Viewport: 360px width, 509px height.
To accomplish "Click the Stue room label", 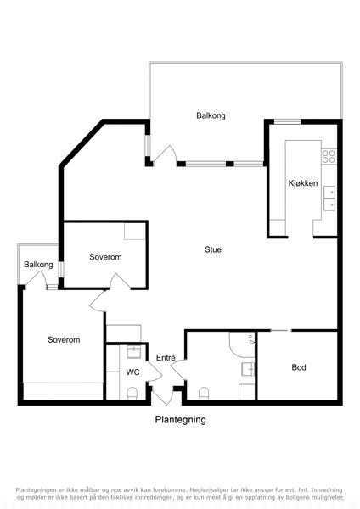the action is pos(213,249).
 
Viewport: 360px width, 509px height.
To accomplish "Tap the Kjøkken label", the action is pos(303,183).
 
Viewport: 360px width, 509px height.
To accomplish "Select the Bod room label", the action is pos(299,367).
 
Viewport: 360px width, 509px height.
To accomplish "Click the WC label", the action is pos(132,372).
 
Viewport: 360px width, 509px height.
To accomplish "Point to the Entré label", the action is pos(166,357).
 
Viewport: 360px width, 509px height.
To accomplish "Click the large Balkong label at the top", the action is pos(211,115).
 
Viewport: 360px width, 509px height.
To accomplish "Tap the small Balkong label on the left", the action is pos(38,265).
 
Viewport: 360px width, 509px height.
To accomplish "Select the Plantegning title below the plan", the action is pos(180,419).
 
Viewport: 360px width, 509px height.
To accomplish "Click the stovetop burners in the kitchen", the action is pos(329,156).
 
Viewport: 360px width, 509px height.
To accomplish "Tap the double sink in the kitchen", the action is pos(329,199).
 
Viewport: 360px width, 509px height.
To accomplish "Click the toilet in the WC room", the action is pos(132,394).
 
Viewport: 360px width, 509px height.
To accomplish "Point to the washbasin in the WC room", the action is pos(133,352).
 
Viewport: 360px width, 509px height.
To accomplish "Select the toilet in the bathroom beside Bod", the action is pos(204,394).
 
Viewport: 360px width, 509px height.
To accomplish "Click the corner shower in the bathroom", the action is pos(242,344).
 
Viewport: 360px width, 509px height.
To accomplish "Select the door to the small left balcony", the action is pos(36,278).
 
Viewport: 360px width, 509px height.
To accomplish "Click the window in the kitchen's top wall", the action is pos(287,121).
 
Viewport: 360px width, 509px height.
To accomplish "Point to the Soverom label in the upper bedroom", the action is pos(105,257).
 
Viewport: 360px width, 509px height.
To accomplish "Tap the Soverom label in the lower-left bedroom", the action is pos(64,339).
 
